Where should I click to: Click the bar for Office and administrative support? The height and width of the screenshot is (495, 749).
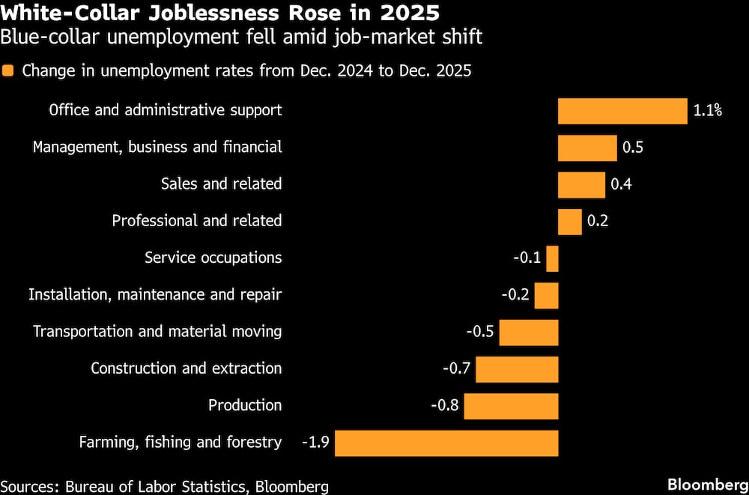[x=622, y=111]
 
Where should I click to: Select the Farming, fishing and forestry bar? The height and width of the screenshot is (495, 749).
[x=446, y=443]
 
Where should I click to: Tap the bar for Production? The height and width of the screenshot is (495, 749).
[x=511, y=406]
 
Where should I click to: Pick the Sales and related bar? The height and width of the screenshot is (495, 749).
[x=581, y=184]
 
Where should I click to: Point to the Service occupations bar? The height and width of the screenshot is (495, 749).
[x=552, y=258]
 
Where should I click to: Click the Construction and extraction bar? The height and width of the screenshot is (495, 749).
[x=517, y=369]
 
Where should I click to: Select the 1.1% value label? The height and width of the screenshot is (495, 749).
[x=707, y=111]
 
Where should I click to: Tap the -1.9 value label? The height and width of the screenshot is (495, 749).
[x=315, y=443]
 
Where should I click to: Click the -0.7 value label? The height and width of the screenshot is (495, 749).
[x=456, y=369]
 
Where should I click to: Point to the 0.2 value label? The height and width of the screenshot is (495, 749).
[x=598, y=222]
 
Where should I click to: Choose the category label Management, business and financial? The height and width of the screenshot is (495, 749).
[x=157, y=148]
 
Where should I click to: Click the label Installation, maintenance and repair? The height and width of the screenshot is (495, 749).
[x=155, y=295]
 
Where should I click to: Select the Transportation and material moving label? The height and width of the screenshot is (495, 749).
[x=157, y=332]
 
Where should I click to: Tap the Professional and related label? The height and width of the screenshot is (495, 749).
[x=197, y=222]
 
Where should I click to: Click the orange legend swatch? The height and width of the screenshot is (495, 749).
[x=8, y=71]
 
